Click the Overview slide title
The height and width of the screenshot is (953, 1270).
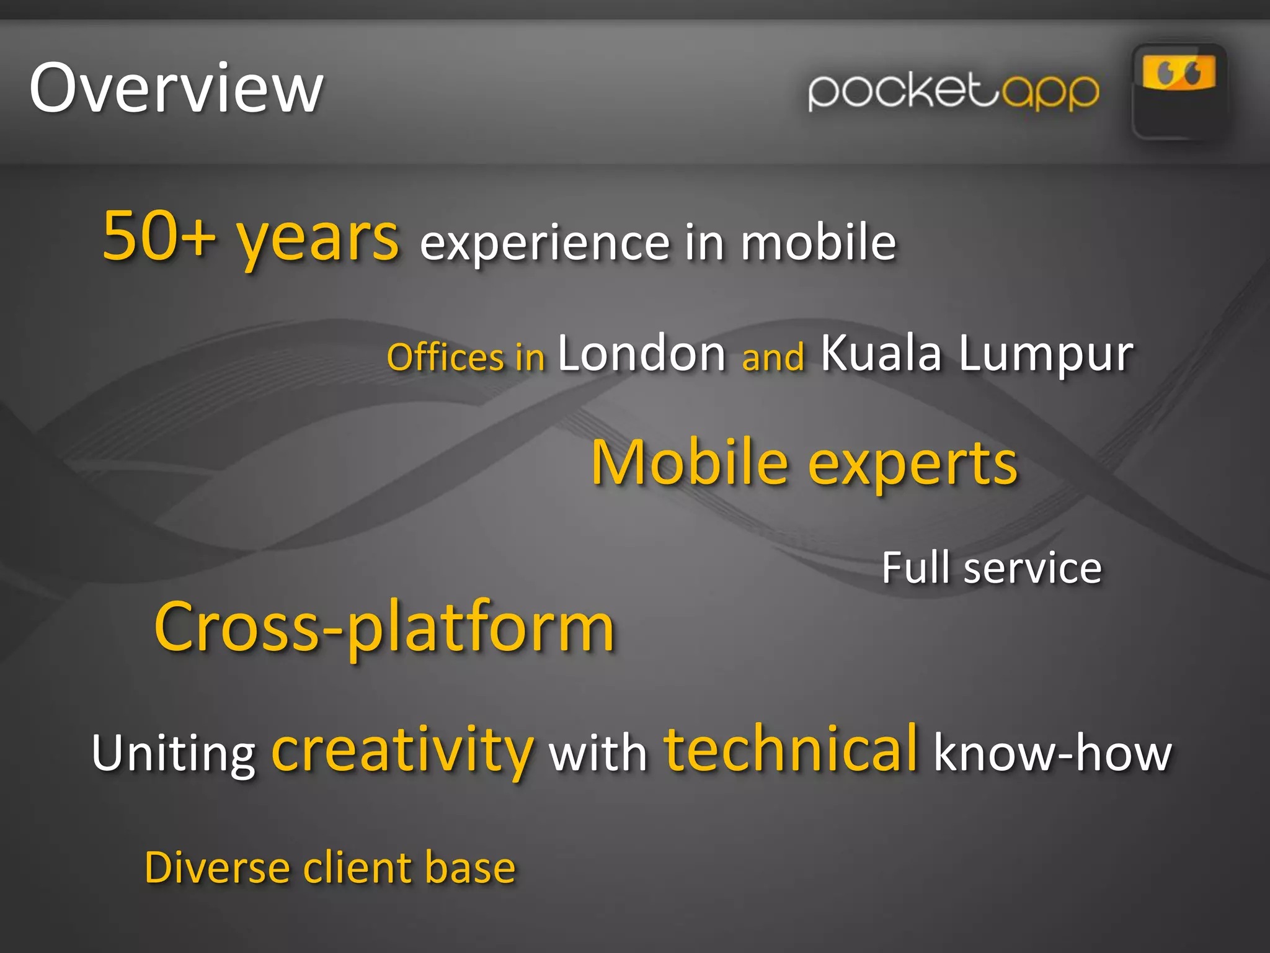click(x=176, y=88)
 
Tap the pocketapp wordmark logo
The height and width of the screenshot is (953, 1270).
click(x=954, y=92)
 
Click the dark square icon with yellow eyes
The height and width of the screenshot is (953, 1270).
click(x=1178, y=92)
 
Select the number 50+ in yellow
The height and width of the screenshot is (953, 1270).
click(x=159, y=236)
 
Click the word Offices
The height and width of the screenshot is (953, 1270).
click(x=445, y=357)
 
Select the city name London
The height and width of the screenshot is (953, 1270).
click(x=642, y=354)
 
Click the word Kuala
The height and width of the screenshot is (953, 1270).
click(x=881, y=354)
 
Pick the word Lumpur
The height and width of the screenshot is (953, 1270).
click(x=1046, y=355)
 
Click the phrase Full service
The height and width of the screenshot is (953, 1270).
click(x=992, y=568)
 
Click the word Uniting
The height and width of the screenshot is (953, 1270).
click(x=174, y=753)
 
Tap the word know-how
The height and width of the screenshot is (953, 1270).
click(x=1052, y=752)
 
